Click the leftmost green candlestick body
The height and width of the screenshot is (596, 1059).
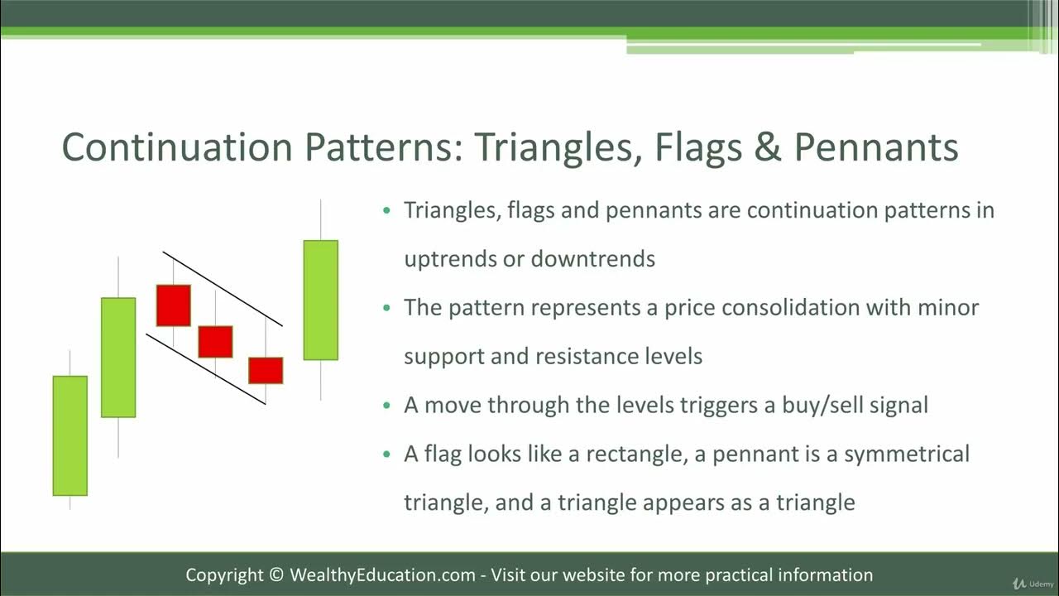tap(70, 435)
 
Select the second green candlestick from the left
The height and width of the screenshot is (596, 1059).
tap(118, 357)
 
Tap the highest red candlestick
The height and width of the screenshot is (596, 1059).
tap(174, 305)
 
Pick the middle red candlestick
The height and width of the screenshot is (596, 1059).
tap(215, 341)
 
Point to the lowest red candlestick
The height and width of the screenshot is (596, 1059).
tap(266, 370)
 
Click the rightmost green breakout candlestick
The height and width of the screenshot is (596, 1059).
tap(321, 300)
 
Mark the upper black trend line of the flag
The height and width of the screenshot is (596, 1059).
tap(223, 289)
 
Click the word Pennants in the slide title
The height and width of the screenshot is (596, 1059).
tap(876, 147)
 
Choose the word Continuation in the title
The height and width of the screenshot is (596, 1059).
tap(177, 147)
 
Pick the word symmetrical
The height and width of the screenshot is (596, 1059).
tap(906, 454)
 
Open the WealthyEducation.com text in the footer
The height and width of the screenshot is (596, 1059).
tap(382, 574)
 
